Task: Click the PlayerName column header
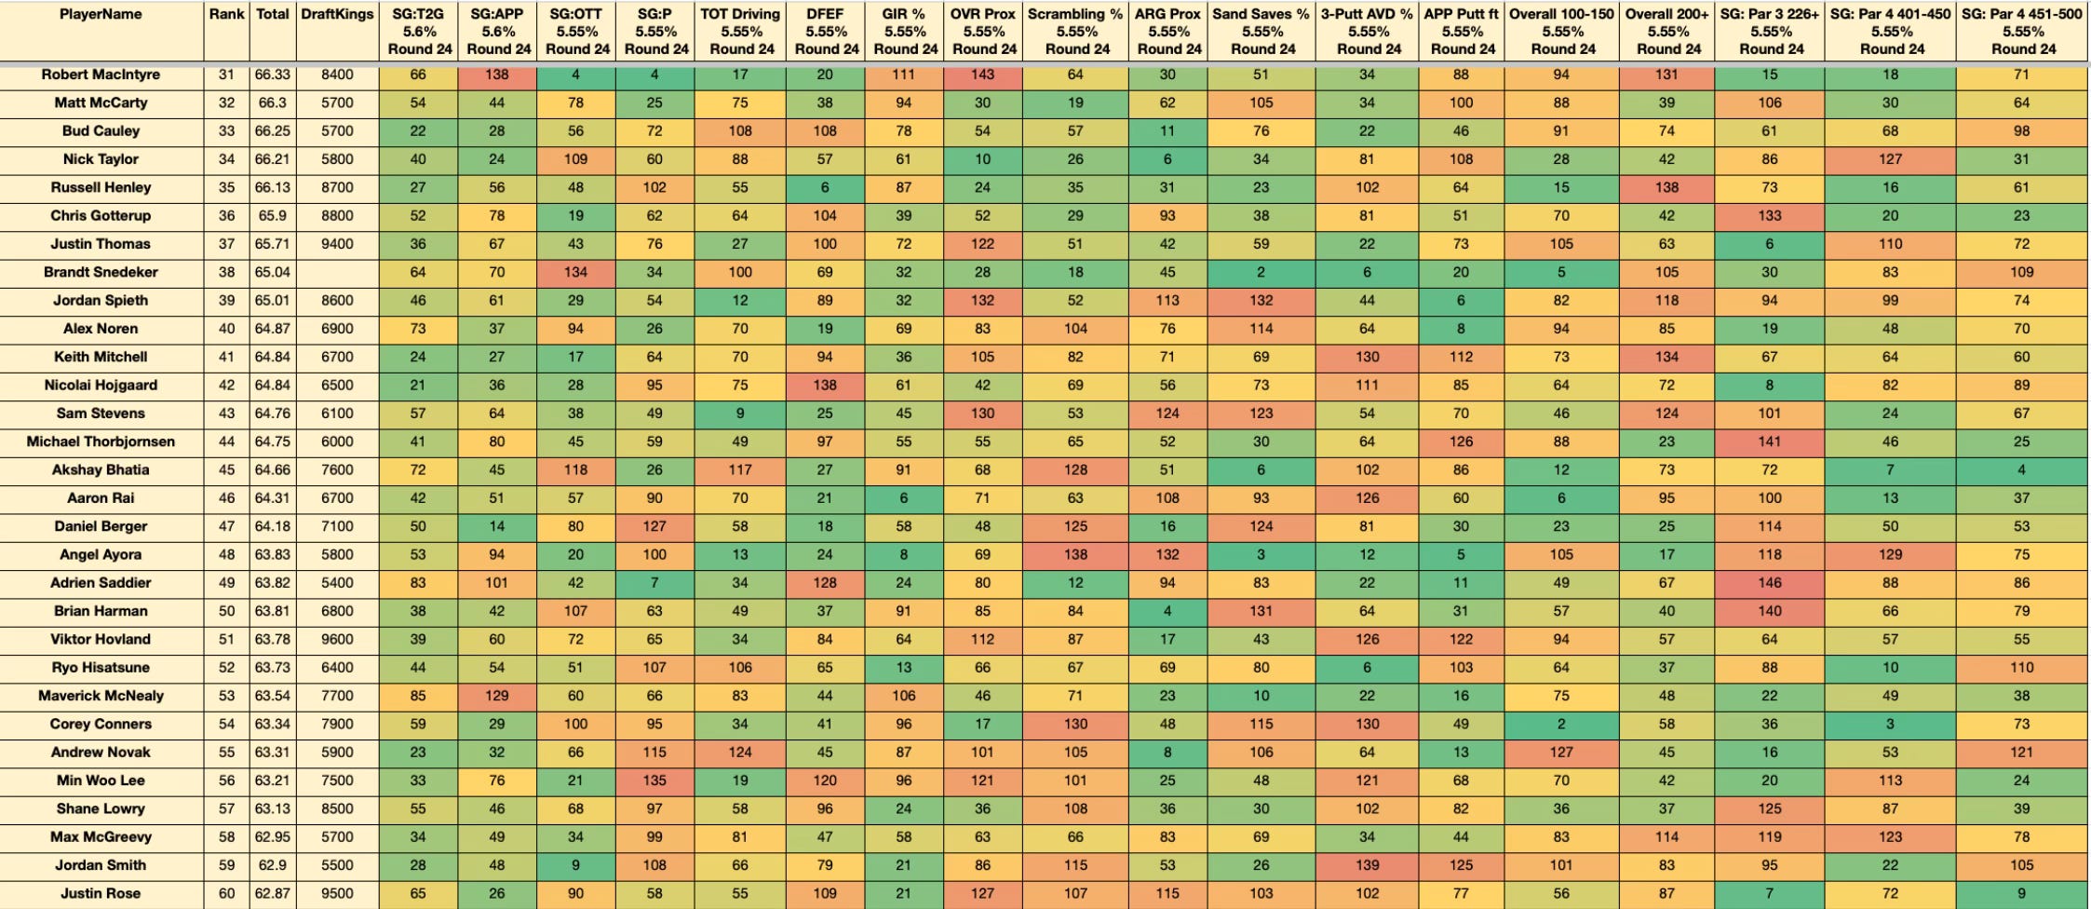tap(101, 15)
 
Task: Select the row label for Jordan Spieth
tap(101, 301)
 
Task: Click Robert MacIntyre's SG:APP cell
tap(497, 75)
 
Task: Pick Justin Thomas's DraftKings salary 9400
tap(337, 244)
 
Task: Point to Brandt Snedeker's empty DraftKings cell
tap(337, 273)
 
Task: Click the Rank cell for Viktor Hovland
tap(226, 640)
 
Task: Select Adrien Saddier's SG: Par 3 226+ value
tap(1769, 583)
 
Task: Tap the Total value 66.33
tap(272, 75)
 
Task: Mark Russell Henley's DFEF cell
tap(825, 187)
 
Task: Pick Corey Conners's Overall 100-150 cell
tap(1561, 725)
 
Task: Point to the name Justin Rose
tap(101, 894)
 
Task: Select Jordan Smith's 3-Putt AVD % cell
tap(1367, 865)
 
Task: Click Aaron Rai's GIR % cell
tap(903, 498)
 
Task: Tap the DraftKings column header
tap(337, 15)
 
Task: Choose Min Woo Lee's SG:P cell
tap(654, 780)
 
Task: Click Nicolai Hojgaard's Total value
tap(272, 386)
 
